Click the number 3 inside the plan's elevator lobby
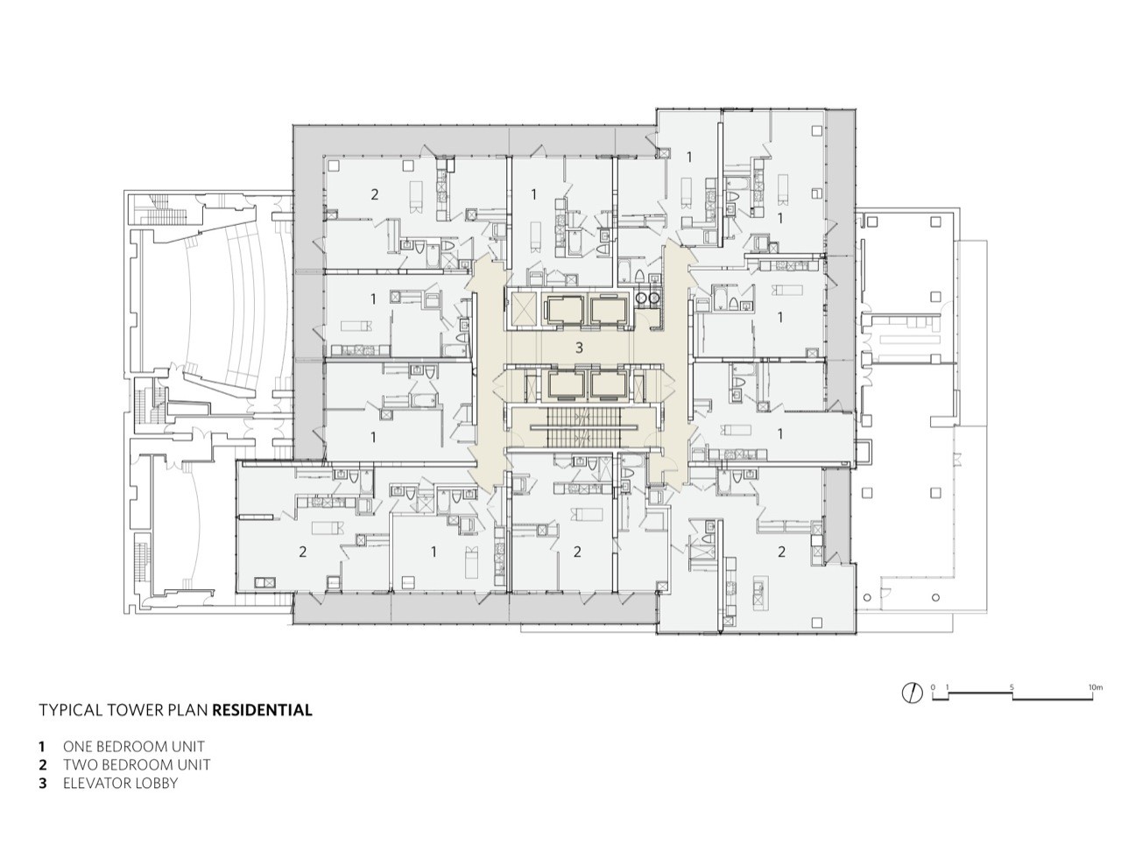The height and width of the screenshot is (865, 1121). tap(578, 348)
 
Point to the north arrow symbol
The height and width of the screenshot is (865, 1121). tap(913, 693)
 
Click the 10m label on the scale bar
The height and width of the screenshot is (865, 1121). tap(1095, 687)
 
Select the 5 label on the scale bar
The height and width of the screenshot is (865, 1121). tap(1012, 687)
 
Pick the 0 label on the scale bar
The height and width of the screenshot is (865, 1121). tap(934, 687)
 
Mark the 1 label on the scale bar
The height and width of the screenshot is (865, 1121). tap(948, 687)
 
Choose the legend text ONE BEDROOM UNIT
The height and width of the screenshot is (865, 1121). tap(133, 747)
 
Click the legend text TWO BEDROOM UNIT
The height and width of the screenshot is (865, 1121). tap(136, 764)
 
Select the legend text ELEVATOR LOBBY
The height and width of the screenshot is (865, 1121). tap(120, 783)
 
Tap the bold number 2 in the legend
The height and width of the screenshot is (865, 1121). tap(42, 764)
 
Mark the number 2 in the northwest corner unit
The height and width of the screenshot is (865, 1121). tap(375, 193)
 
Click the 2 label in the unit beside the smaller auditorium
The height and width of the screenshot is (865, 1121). tap(303, 552)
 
